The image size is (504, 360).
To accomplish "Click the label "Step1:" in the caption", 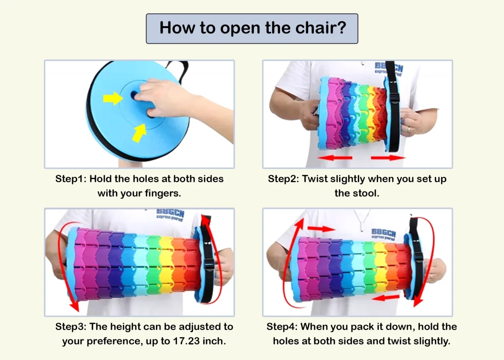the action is pyautogui.click(x=71, y=179).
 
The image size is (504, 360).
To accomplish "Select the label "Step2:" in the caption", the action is pyautogui.click(x=283, y=179).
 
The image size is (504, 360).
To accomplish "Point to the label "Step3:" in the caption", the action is pyautogui.click(x=71, y=327).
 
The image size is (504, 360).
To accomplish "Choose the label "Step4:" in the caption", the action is pyautogui.click(x=282, y=327).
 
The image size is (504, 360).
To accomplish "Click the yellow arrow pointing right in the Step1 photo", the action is pyautogui.click(x=113, y=98).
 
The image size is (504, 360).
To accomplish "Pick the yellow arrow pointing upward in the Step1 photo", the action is pyautogui.click(x=140, y=132).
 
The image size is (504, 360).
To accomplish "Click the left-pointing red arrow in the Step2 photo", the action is pyautogui.click(x=335, y=158).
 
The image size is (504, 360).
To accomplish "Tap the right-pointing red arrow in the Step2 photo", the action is pyautogui.click(x=388, y=158).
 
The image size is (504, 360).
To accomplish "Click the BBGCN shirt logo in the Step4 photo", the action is pyautogui.click(x=383, y=234).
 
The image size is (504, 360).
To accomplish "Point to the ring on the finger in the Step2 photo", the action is pyautogui.click(x=409, y=129).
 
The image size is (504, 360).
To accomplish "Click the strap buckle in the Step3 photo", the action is pyautogui.click(x=209, y=264).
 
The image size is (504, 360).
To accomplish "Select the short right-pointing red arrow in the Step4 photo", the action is pyautogui.click(x=321, y=229).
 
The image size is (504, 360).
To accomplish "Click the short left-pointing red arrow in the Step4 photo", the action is pyautogui.click(x=385, y=297).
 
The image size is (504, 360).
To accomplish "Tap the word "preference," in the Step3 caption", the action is pyautogui.click(x=113, y=341).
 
